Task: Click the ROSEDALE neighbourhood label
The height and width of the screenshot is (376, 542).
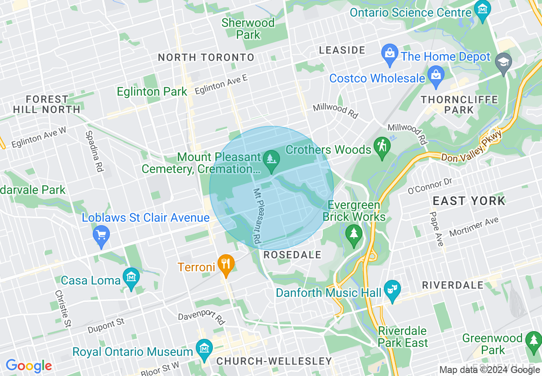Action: (292, 255)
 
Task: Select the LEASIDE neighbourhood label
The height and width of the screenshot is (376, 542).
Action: (342, 50)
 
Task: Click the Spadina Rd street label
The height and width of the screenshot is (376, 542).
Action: (94, 151)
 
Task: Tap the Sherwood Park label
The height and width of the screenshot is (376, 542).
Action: (248, 29)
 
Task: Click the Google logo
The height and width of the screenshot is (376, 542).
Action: (29, 366)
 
